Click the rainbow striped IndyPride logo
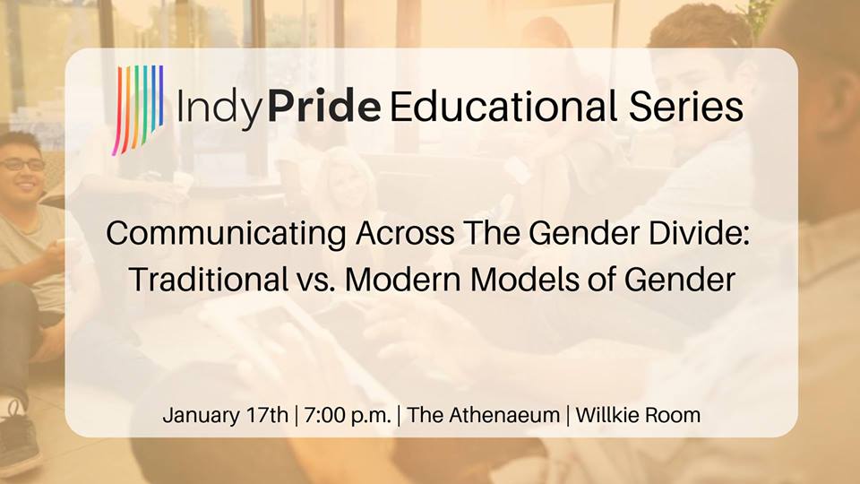point(138,109)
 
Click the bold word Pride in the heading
point(324,106)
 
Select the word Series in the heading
point(686,106)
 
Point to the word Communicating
point(226,233)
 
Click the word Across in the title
point(405,233)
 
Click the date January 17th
point(226,415)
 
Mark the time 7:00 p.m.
point(348,415)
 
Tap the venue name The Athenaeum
point(483,415)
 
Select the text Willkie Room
point(638,415)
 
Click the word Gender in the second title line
point(680,279)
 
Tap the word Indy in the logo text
point(219,108)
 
